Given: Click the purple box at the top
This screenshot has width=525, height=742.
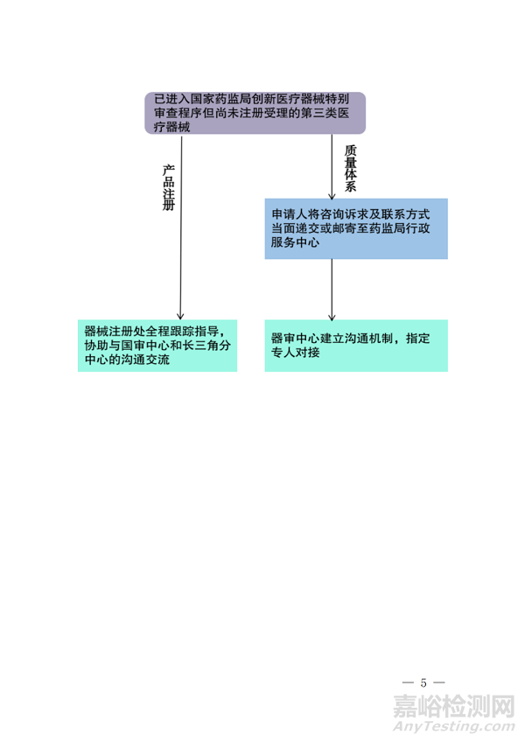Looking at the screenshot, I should point(255,113).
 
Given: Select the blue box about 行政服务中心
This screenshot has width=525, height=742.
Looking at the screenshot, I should point(356,228).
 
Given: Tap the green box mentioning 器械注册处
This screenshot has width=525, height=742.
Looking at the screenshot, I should point(157,346).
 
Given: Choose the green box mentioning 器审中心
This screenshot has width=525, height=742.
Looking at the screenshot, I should point(356,346).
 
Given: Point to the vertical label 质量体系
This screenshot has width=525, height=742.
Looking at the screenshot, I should point(350,168).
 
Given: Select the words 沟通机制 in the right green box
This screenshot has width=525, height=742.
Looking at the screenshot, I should point(369,338).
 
